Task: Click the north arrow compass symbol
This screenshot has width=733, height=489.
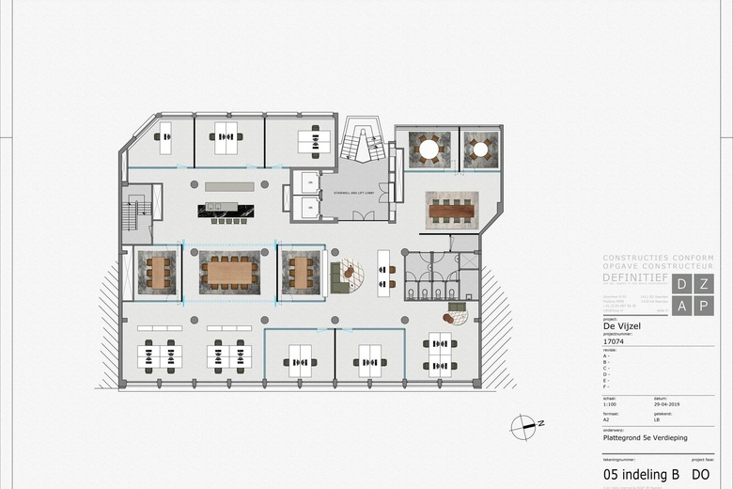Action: coord(523,427)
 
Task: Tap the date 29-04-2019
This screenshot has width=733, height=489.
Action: coord(667,404)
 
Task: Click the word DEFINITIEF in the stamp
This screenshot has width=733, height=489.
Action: coord(635,278)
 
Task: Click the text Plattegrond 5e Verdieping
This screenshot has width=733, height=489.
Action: coord(643,436)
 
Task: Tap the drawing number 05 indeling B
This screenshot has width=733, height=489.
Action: coord(641,475)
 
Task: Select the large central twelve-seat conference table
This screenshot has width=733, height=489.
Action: coord(230,273)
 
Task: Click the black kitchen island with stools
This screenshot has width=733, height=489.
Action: coord(226,210)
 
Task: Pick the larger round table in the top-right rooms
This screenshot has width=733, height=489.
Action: coord(429,149)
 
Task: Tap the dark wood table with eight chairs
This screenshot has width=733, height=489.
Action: coord(452,211)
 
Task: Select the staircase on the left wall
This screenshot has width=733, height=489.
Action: coord(133,215)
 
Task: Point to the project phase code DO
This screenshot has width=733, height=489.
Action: coord(700,475)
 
